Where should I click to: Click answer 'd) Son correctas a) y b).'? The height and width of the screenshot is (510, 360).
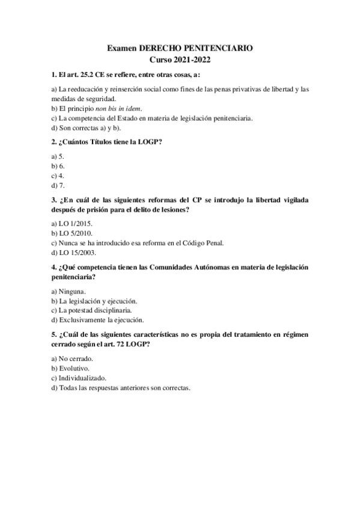tap(87, 127)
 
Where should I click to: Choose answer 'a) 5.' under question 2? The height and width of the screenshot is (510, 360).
tap(58, 156)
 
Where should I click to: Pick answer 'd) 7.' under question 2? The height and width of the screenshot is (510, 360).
tap(58, 185)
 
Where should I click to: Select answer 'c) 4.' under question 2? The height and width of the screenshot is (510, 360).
tap(58, 176)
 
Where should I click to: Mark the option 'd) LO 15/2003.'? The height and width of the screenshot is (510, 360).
tap(75, 253)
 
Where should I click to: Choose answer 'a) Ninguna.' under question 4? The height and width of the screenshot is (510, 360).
tap(69, 291)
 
